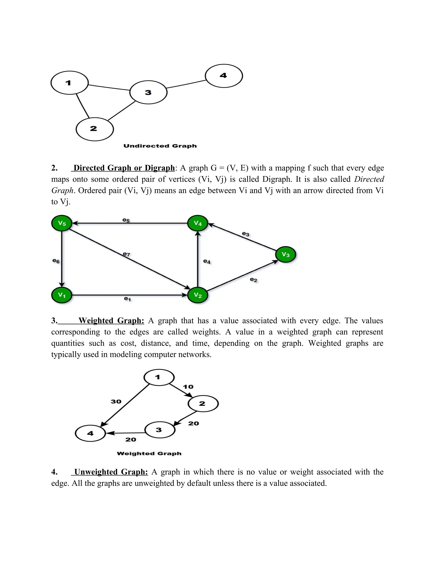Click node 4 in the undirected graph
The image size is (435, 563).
224,76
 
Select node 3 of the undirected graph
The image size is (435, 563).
148,92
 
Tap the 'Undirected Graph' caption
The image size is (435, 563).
160,146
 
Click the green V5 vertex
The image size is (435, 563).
62,223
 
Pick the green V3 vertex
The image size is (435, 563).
285,255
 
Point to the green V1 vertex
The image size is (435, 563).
62,295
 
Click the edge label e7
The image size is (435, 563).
127,254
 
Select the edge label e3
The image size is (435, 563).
246,234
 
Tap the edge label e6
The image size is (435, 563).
56,261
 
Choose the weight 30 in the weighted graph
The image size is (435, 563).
116,401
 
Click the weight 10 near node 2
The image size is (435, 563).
188,387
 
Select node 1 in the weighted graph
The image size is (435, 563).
159,377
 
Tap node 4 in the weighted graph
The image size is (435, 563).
90,433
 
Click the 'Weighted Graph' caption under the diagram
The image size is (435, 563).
149,453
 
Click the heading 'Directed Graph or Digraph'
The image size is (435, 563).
124,168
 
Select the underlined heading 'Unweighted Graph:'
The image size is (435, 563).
111,472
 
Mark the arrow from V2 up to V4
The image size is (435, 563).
198,260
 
